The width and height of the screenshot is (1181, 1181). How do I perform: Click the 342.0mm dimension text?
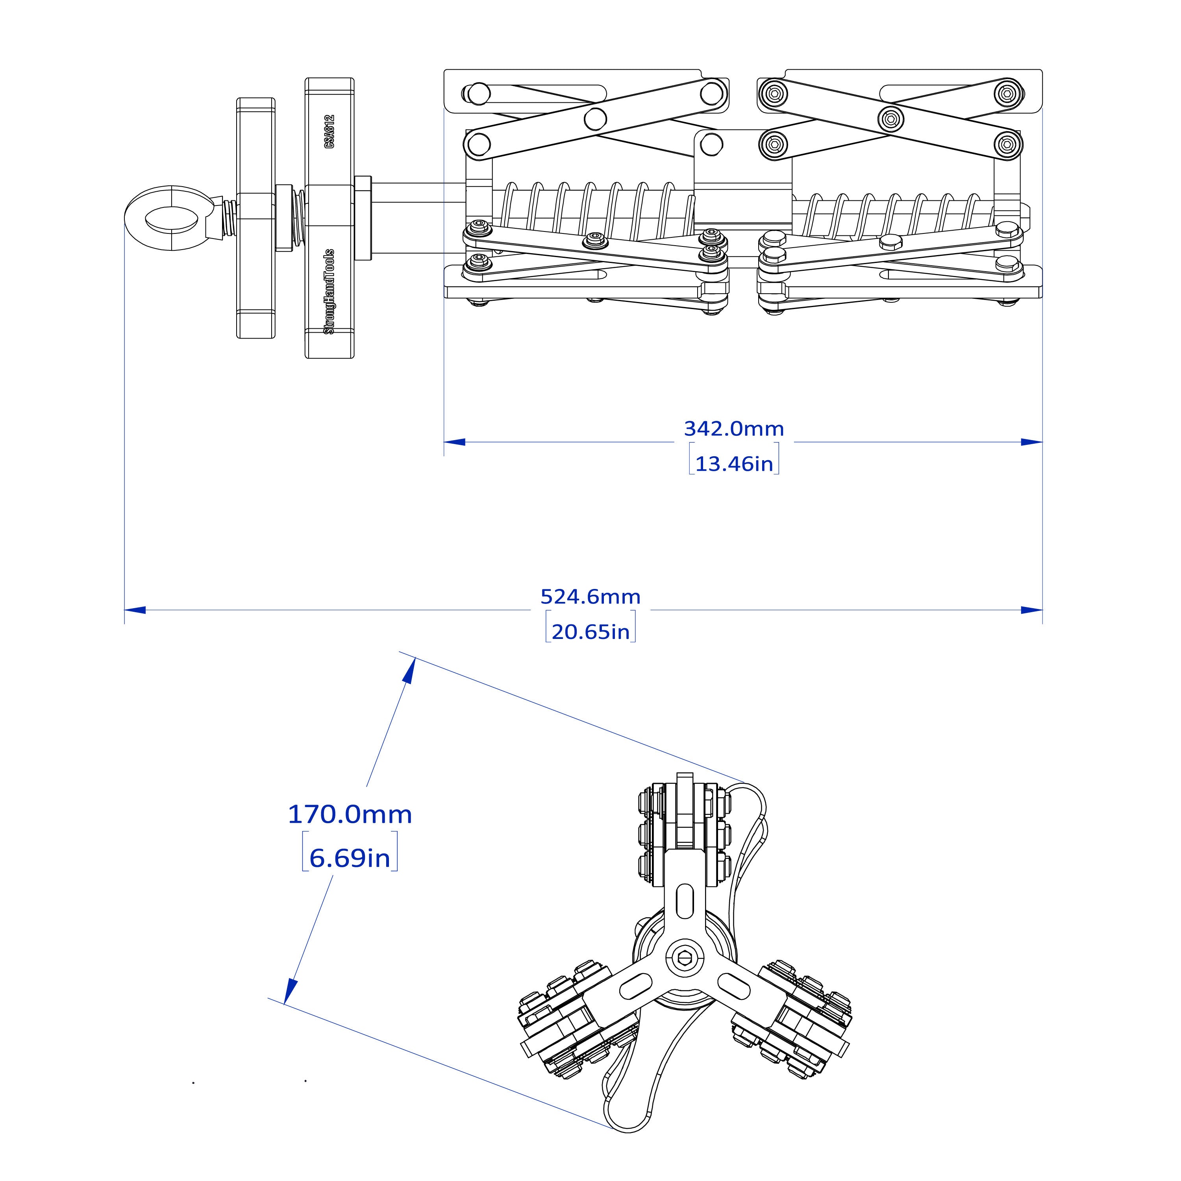coord(733,429)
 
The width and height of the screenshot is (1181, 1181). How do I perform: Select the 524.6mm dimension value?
coord(590,597)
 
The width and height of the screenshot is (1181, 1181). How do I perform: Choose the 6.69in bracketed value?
coord(350,858)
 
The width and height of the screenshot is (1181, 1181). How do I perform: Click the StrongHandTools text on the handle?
coord(329,291)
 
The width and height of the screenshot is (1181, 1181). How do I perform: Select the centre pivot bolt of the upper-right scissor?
coord(890,118)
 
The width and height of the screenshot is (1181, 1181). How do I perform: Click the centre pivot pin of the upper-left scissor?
coord(595,118)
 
